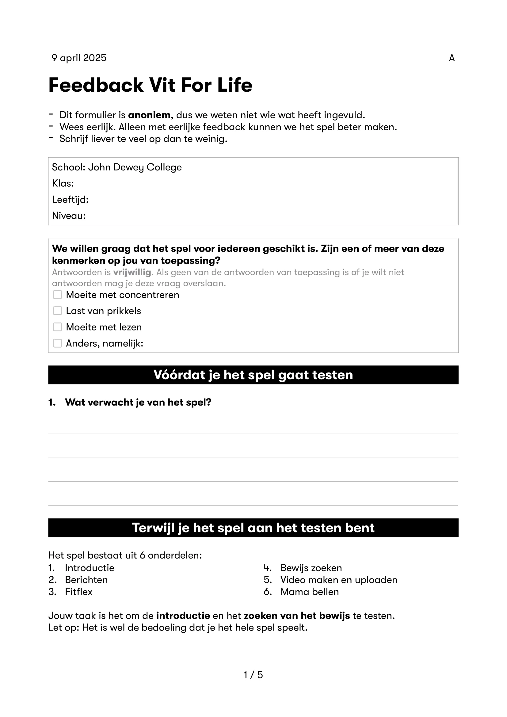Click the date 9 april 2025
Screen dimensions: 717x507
[79, 58]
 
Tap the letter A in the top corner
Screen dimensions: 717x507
[452, 58]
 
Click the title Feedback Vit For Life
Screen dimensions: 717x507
[150, 85]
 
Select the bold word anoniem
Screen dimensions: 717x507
[149, 115]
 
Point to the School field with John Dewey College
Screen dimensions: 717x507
[117, 167]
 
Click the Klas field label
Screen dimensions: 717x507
[63, 183]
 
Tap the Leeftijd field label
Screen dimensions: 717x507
[70, 200]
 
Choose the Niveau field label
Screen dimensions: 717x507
[69, 216]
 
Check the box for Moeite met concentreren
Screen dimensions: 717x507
[57, 295]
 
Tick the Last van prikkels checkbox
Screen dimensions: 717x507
[57, 311]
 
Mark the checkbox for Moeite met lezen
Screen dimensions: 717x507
[57, 327]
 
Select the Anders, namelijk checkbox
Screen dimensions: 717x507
[57, 343]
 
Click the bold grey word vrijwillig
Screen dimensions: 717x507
[132, 272]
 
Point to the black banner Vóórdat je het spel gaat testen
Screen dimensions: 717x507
[253, 375]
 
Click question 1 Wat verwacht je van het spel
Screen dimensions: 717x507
[138, 402]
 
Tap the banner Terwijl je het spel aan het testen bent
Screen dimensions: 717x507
[253, 528]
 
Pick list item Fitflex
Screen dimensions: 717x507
[79, 592]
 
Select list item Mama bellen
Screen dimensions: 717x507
[309, 592]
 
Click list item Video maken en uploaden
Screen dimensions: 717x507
[339, 580]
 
